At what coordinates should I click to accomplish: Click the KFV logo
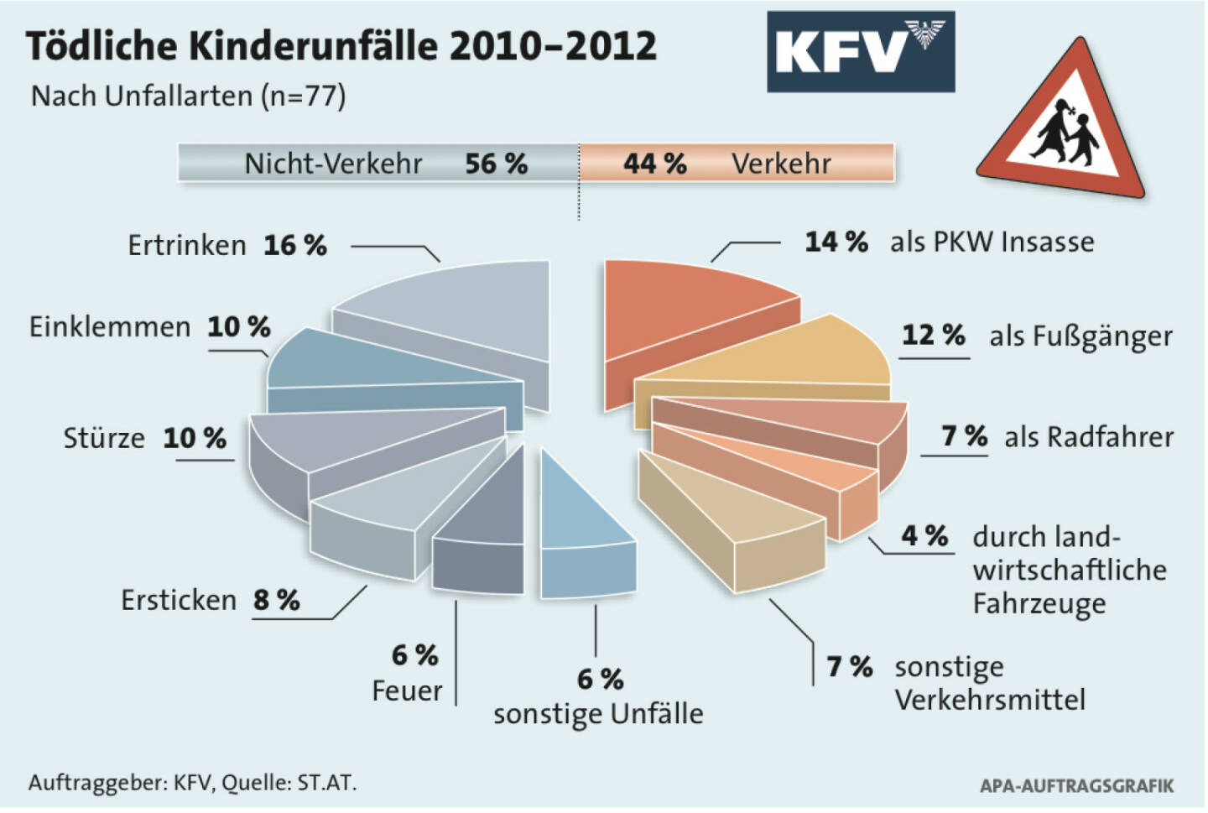pos(860,51)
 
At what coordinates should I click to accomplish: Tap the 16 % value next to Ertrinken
pos(294,246)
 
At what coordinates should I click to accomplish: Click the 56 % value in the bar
pos(496,164)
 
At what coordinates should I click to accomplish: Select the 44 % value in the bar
pos(654,164)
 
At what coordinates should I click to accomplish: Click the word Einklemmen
pos(110,327)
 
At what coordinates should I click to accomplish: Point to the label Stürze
pos(104,439)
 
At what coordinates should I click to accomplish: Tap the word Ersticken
pos(179,601)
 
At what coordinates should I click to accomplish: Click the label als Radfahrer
pos(1089,437)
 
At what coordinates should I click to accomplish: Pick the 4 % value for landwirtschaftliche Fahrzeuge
pos(924,536)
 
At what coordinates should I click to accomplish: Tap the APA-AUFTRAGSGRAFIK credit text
pos(1076,786)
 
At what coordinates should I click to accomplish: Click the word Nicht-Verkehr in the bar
pos(333,164)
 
